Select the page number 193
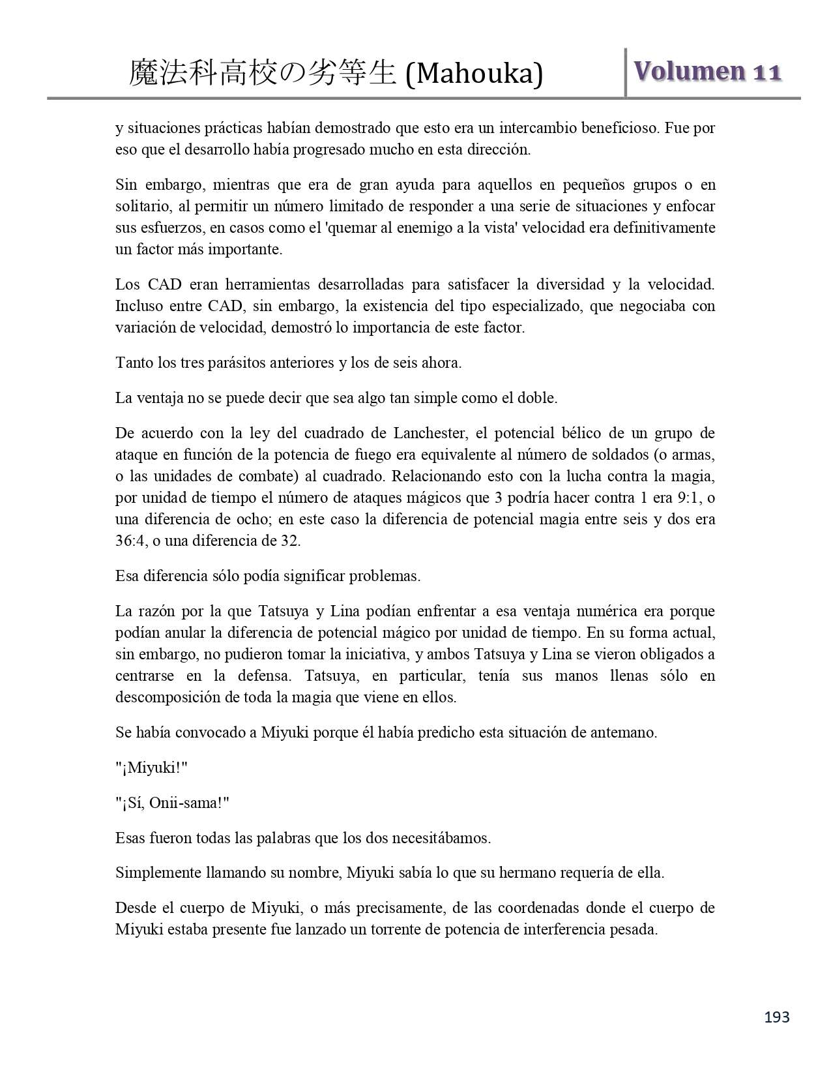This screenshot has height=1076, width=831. click(x=776, y=1017)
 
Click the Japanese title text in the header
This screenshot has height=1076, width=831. click(x=263, y=74)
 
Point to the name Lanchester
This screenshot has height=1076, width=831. click(x=433, y=433)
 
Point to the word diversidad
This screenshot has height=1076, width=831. click(x=570, y=284)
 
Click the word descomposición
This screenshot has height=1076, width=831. click(x=168, y=697)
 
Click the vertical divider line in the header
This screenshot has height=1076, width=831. click(x=626, y=72)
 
